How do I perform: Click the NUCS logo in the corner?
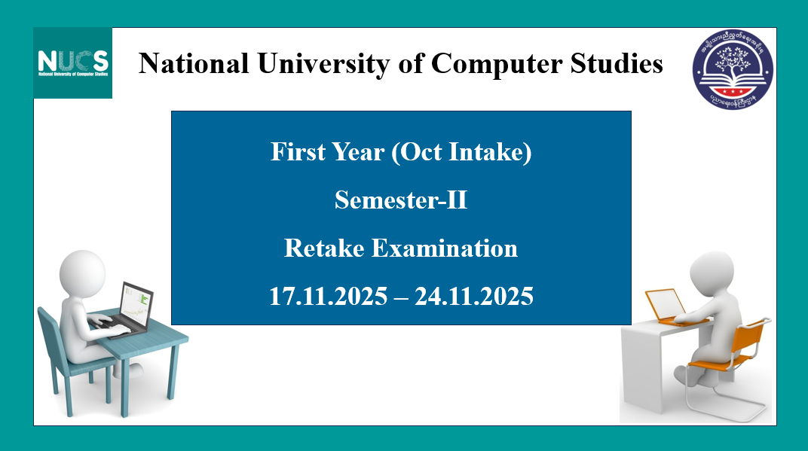click(73, 62)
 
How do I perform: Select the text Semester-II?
click(401, 200)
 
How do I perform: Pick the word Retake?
click(326, 248)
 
